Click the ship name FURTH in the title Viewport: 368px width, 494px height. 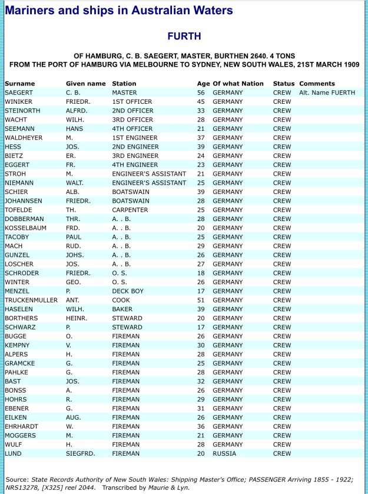[x=184, y=37]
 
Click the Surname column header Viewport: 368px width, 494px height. [x=19, y=84]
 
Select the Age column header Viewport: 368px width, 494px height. [x=201, y=84]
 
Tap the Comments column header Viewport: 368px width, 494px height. [x=317, y=84]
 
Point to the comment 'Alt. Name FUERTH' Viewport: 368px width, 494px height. [x=327, y=93]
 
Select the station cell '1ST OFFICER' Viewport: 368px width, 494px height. [x=132, y=101]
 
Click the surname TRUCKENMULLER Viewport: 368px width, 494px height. [x=31, y=300]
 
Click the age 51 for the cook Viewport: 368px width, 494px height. [x=201, y=300]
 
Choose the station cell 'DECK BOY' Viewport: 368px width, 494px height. [x=128, y=291]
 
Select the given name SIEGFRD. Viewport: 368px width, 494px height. [x=80, y=453]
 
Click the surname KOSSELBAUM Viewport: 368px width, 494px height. [x=27, y=228]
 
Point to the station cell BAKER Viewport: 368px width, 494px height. [x=122, y=309]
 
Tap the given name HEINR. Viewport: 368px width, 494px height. [x=76, y=318]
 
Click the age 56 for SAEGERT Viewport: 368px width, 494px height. [x=201, y=93]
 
